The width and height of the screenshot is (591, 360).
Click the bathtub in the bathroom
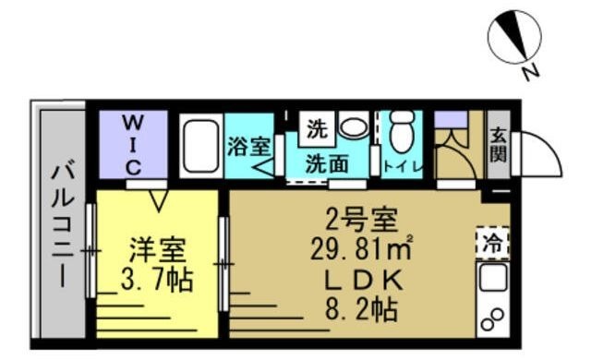click(199, 145)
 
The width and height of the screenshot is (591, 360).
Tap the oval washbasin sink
click(352, 126)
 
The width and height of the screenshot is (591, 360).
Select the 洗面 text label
click(327, 164)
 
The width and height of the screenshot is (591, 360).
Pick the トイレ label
click(403, 166)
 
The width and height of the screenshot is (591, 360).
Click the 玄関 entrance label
click(497, 144)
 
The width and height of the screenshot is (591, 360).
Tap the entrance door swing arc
click(539, 153)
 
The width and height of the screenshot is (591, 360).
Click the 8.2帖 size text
click(361, 309)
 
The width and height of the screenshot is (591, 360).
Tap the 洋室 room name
click(156, 249)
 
